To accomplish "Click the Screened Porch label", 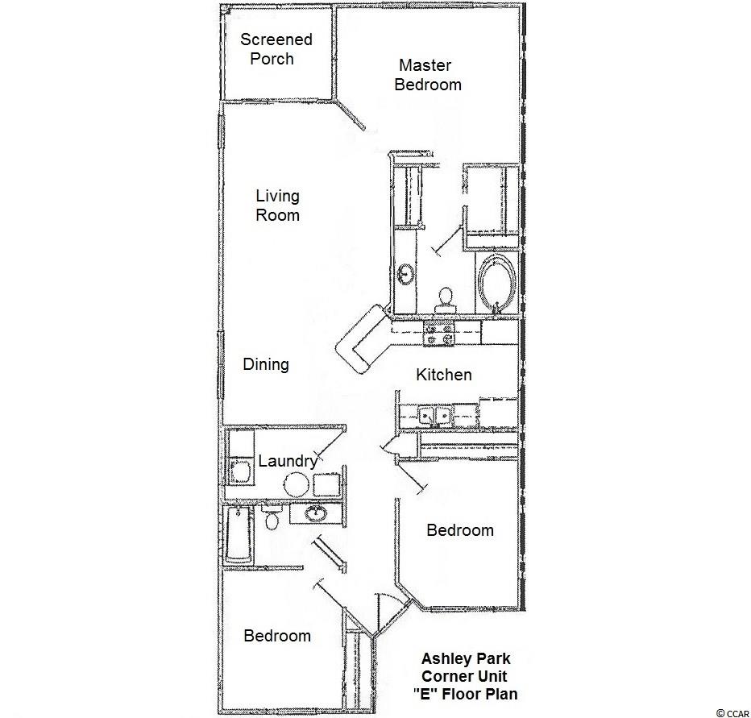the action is [276, 49].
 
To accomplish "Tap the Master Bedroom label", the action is [428, 75].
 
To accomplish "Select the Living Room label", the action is [278, 205].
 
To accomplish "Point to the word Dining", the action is [266, 364].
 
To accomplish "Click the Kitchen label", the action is [443, 375].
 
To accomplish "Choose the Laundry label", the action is [288, 461].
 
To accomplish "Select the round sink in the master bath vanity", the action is [405, 275].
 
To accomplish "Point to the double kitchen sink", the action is [435, 415].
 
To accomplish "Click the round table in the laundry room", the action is [296, 485].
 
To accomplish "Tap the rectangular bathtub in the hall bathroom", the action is [239, 534].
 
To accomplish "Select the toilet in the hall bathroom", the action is [272, 517].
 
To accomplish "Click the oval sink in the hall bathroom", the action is [316, 513].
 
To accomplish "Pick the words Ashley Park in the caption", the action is [466, 659].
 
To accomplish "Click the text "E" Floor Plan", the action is [465, 694].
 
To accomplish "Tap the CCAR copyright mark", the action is [732, 713].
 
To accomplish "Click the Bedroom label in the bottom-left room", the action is [277, 636].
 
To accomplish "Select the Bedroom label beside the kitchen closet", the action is [460, 530].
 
